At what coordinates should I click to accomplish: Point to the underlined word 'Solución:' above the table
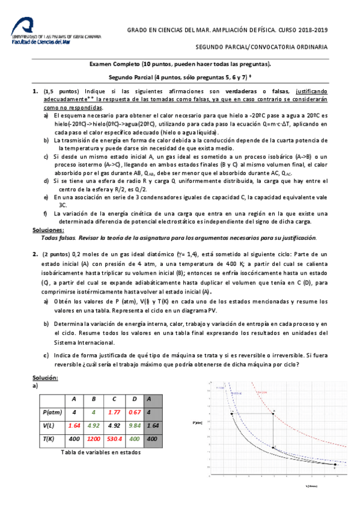pos(45,377)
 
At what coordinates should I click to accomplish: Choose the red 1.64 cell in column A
pos(74,425)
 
